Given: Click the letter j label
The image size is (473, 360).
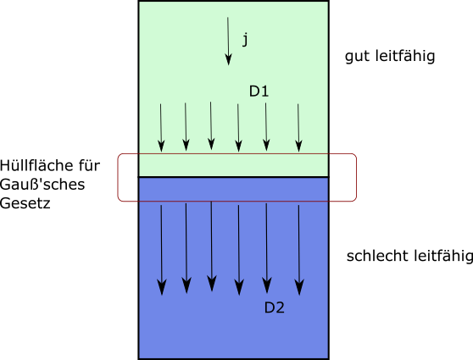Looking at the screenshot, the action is click(x=245, y=40).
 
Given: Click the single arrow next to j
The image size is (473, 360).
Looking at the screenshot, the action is click(x=228, y=41).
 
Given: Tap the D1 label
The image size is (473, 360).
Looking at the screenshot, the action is click(x=259, y=91).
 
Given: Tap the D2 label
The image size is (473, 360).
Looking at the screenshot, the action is click(x=274, y=307).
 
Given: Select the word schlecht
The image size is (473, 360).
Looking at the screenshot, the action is click(x=378, y=256).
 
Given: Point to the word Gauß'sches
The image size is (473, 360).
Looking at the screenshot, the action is click(x=42, y=184).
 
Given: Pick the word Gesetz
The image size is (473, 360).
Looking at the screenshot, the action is click(x=25, y=203).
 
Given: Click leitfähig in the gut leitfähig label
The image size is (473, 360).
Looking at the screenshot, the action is click(x=405, y=57).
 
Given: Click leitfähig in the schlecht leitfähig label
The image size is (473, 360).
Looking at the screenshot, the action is click(x=443, y=257).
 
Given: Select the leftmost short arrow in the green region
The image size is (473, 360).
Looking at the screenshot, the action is click(x=161, y=128).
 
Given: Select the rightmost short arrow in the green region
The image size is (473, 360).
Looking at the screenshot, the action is click(x=298, y=128).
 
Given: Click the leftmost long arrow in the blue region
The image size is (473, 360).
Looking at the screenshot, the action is click(x=161, y=250).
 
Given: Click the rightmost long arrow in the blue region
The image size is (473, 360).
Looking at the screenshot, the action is click(x=299, y=250).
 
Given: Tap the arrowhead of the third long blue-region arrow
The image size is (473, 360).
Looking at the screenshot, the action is click(x=212, y=284).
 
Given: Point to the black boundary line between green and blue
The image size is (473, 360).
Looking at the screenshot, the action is click(x=233, y=177).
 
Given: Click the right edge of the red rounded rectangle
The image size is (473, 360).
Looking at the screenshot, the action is click(x=356, y=177).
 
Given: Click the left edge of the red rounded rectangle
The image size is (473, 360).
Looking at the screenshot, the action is click(x=118, y=177).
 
